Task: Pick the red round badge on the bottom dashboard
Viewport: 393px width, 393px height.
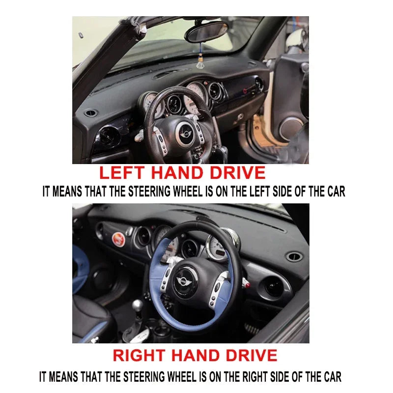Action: [x=118, y=239]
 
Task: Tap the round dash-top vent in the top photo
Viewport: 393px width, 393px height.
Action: [x=90, y=113]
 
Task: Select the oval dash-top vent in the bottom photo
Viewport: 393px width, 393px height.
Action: [x=294, y=256]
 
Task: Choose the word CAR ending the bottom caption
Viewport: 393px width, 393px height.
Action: [x=331, y=377]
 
